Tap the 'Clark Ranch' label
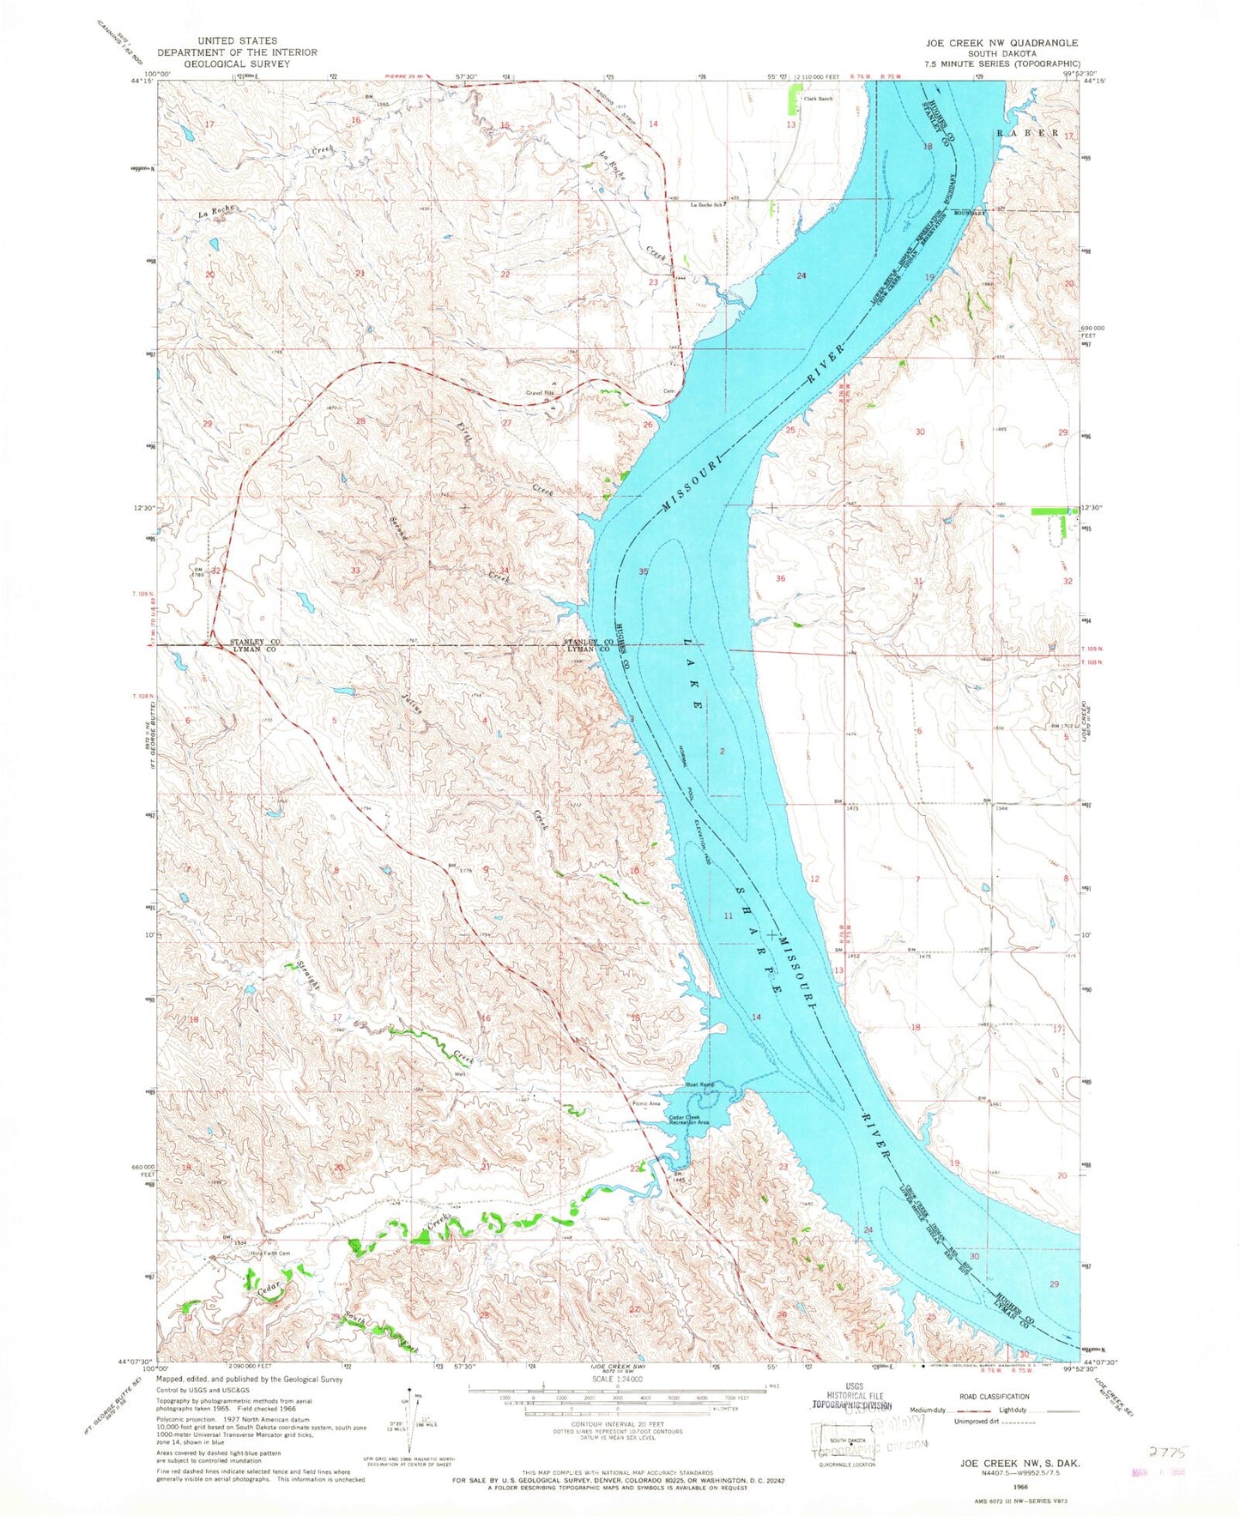coord(818,98)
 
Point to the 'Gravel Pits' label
coord(540,394)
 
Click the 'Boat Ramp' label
coord(700,1084)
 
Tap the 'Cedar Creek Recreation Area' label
coord(689,1120)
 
